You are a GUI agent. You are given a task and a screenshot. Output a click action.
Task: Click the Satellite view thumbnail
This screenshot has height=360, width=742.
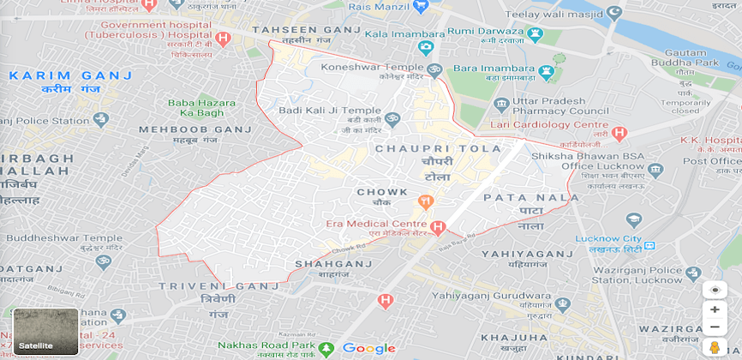pos(45,331)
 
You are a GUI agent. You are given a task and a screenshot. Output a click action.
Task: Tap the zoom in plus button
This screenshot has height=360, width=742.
pos(714,309)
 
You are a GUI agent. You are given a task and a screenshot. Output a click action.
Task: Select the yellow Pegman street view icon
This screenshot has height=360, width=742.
pos(714,347)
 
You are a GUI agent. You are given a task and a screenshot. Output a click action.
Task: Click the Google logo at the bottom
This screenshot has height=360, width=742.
pos(368,348)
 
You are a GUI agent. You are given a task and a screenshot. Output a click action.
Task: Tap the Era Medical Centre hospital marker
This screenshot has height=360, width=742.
pos(438,228)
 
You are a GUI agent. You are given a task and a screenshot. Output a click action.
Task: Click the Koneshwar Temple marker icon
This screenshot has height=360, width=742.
pos(434,68)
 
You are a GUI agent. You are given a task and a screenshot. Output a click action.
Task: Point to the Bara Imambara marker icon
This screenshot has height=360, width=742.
pos(545,68)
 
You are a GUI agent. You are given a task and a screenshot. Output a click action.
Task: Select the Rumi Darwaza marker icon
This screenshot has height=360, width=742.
pos(536,34)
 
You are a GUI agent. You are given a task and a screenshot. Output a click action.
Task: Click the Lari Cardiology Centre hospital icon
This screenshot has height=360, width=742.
pos(620,133)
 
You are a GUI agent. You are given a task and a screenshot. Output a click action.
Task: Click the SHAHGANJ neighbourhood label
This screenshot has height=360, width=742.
pos(333,264)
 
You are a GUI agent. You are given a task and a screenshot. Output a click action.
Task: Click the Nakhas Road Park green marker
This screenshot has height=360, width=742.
pos(326,348)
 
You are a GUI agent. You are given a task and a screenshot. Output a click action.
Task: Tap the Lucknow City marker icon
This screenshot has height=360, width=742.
pos(633,220)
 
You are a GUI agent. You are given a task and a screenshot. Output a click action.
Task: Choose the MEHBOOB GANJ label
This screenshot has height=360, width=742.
pos(195,129)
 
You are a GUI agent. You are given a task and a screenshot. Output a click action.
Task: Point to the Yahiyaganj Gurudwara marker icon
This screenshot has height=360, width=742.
pos(562,304)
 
